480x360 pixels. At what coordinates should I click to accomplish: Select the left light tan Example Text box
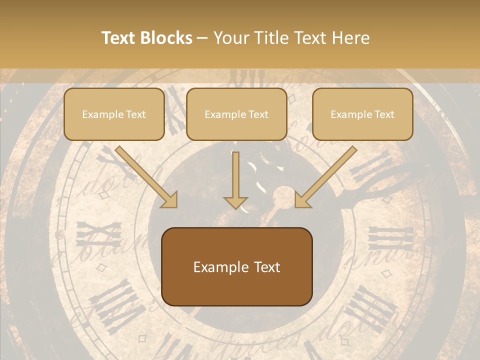coord(114,114)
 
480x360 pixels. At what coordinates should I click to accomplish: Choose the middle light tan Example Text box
coord(236,114)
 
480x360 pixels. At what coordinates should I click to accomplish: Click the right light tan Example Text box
coord(362,114)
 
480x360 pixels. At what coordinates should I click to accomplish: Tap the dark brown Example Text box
coord(236,266)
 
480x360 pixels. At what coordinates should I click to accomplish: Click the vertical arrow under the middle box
coord(235,177)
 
